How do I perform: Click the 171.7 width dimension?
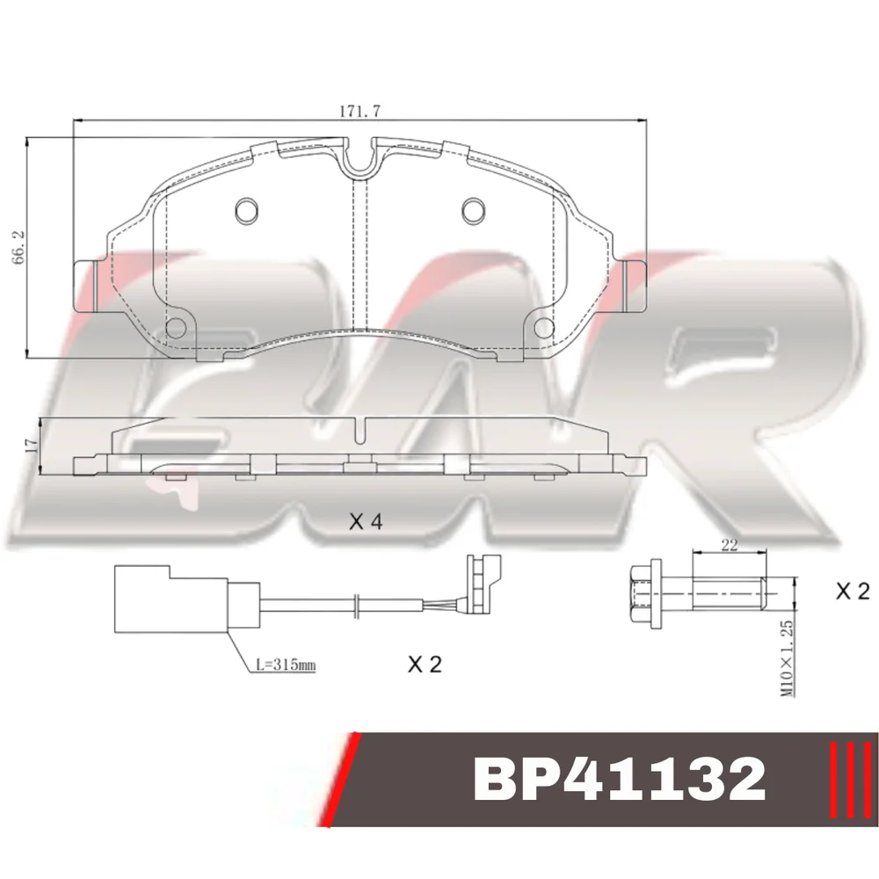(x=360, y=111)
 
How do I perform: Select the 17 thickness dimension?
(x=32, y=446)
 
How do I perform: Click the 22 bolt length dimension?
(x=729, y=544)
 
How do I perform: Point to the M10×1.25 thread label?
(x=788, y=658)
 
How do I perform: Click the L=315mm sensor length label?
(x=286, y=665)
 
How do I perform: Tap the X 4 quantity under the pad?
(x=366, y=522)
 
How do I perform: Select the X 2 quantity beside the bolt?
(x=852, y=591)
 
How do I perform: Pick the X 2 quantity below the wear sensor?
(x=425, y=665)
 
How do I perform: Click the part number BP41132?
(x=620, y=779)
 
